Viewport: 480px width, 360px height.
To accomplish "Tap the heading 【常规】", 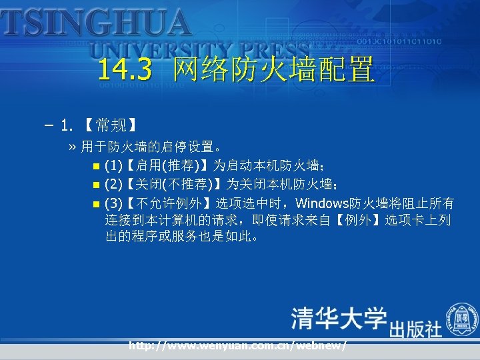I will pos(111,125).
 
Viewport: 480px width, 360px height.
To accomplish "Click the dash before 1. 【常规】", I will pos(50,125).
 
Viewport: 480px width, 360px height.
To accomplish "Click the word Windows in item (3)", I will pos(326,203).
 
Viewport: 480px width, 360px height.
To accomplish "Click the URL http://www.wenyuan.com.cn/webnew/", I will pos(237,345).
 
